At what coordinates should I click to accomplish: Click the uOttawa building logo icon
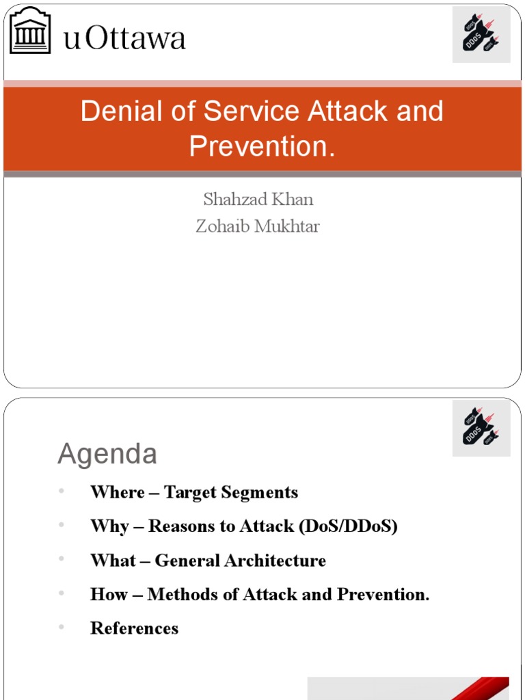click(x=30, y=31)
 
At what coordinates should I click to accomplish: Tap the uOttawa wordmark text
click(x=124, y=38)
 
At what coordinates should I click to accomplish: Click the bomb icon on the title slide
click(x=481, y=35)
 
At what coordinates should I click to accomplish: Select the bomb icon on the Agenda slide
click(x=481, y=429)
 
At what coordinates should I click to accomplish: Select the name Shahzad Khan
click(x=258, y=199)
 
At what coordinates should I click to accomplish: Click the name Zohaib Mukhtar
click(x=258, y=226)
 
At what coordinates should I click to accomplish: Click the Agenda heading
click(x=107, y=454)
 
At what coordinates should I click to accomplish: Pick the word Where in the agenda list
click(x=118, y=492)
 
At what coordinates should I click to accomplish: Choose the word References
click(x=134, y=628)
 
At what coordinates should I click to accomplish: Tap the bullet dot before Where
click(x=61, y=491)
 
